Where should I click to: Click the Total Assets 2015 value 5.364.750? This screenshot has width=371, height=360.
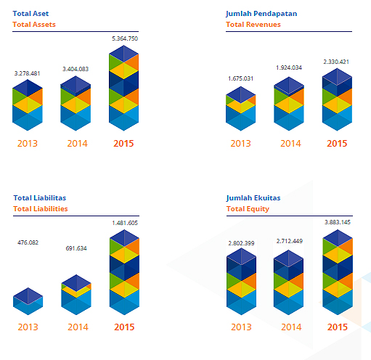(x=125, y=38)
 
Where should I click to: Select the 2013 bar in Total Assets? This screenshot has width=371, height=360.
(x=28, y=105)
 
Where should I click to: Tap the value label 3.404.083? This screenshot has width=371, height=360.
(x=76, y=69)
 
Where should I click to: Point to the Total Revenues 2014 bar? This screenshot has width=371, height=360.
(x=289, y=104)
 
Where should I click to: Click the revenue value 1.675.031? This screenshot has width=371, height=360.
(x=240, y=78)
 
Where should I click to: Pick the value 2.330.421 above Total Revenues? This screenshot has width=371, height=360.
(x=336, y=62)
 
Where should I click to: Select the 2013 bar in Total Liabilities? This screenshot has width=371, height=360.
(x=28, y=301)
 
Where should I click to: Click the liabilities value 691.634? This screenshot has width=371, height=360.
(x=76, y=248)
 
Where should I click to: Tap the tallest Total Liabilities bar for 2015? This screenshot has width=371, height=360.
(x=124, y=272)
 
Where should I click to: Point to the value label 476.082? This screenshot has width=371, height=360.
(x=28, y=242)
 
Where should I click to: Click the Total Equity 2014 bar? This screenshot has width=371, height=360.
(x=288, y=282)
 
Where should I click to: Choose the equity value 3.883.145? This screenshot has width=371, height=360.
(x=338, y=222)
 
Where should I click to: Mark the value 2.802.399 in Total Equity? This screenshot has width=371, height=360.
(x=241, y=243)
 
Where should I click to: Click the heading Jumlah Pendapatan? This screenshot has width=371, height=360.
(x=261, y=14)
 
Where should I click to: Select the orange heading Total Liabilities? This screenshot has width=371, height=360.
(x=41, y=209)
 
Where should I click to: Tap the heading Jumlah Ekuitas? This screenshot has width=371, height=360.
(x=253, y=198)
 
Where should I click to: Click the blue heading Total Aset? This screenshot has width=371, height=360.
(x=30, y=14)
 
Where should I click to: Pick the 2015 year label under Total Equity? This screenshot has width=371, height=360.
(x=338, y=327)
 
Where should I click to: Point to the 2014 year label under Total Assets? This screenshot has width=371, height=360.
(x=77, y=144)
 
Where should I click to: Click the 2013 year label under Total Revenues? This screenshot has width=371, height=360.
(x=240, y=144)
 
